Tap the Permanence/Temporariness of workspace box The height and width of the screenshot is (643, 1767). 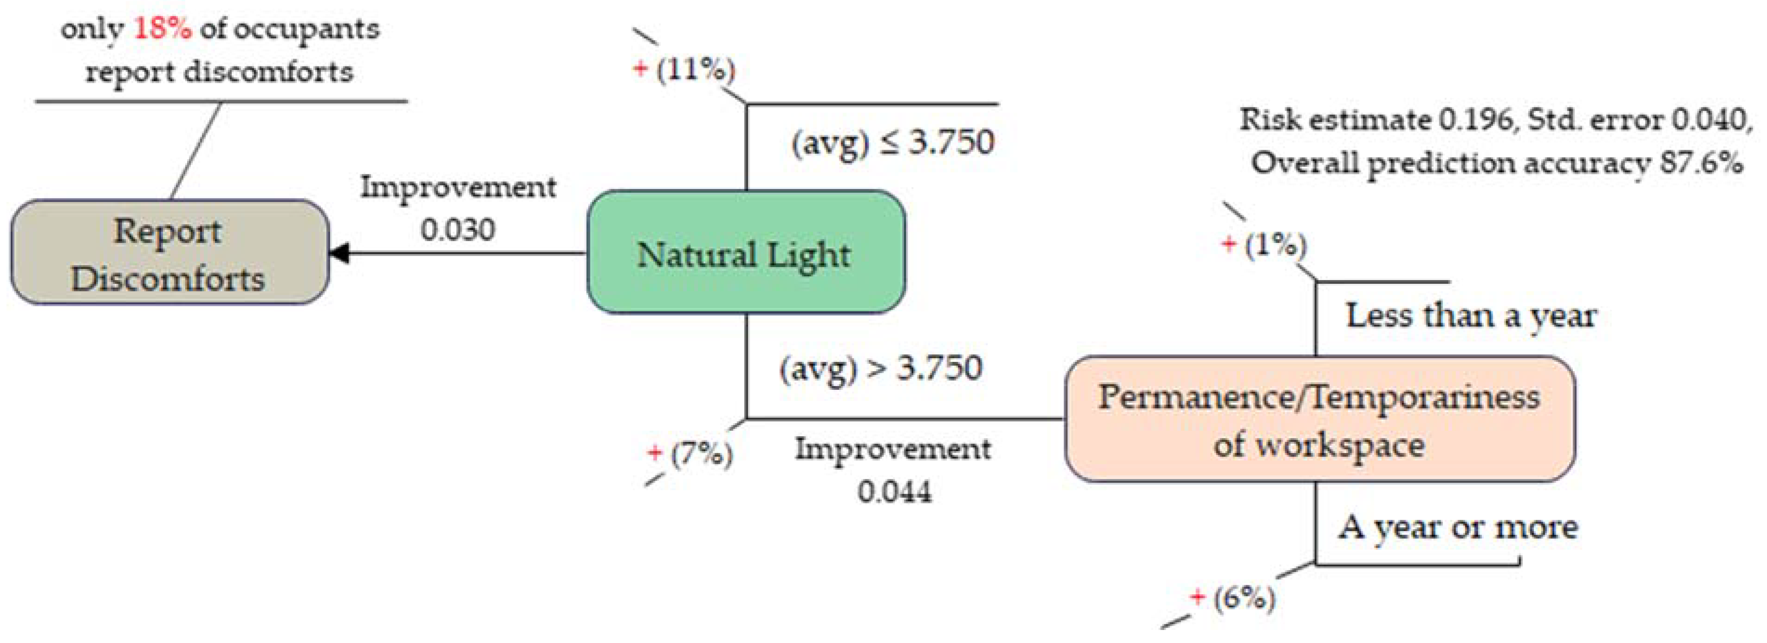(1319, 419)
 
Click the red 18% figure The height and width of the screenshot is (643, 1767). (162, 29)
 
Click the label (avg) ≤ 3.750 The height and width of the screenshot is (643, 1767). (892, 143)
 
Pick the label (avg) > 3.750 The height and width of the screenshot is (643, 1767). (881, 368)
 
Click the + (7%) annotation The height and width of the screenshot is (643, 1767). (690, 453)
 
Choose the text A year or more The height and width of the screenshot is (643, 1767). (1458, 527)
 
